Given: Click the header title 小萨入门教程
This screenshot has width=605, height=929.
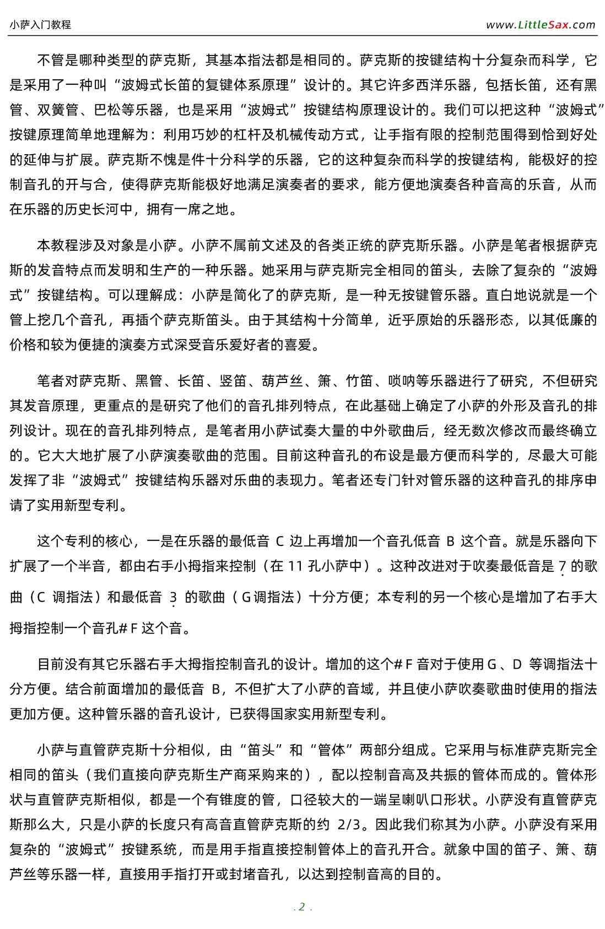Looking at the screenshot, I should [x=40, y=25].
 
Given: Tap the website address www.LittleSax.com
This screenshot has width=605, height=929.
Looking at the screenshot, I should [x=541, y=25].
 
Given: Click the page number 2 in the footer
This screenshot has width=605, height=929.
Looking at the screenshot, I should [x=302, y=906].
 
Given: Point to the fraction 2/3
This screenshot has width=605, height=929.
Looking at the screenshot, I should [x=349, y=824].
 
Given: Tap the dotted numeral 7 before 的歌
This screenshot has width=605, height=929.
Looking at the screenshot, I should [x=562, y=567].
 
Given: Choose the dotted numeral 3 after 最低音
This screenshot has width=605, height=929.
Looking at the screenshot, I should [x=173, y=598].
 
